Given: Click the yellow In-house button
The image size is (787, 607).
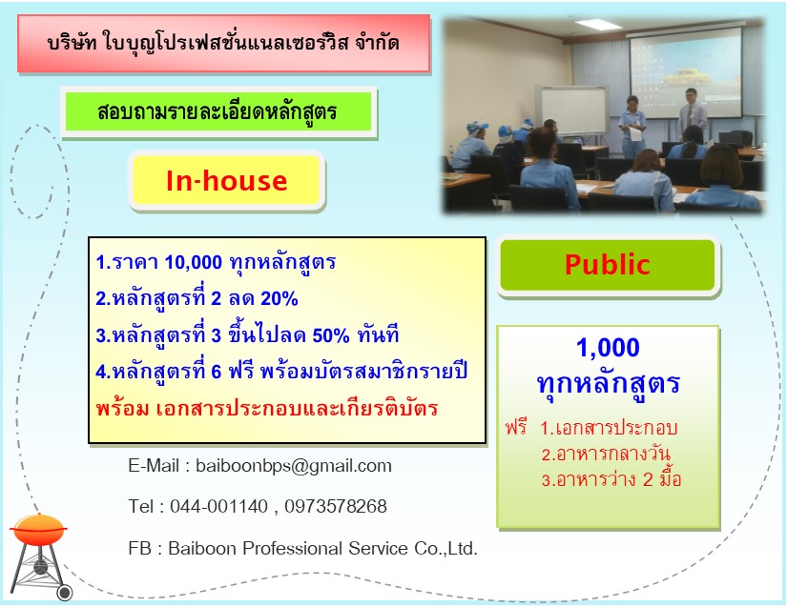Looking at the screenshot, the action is click(x=226, y=180).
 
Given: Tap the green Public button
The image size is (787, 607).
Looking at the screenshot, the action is click(x=608, y=265).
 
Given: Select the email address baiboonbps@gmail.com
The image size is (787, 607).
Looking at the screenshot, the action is click(x=294, y=466).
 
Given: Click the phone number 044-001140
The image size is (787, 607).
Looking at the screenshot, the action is click(x=218, y=506).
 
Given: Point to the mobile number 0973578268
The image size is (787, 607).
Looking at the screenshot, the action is click(x=336, y=506).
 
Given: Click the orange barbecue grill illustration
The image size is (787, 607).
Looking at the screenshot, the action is click(x=40, y=556).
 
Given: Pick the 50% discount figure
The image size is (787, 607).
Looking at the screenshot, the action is click(x=331, y=335).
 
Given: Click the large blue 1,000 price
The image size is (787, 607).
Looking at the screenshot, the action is click(x=608, y=348).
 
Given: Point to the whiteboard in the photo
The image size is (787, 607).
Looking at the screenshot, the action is click(x=572, y=111).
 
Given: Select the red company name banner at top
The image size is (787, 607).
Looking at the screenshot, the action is click(x=224, y=44).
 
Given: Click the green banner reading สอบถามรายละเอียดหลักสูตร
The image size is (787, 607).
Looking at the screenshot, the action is click(x=218, y=111).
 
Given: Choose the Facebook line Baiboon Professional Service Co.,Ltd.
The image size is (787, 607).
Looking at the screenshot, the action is click(x=303, y=548).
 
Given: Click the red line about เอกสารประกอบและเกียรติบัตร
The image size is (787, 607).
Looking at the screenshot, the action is click(x=267, y=409).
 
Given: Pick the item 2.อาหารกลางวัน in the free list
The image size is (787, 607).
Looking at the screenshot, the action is click(x=606, y=454).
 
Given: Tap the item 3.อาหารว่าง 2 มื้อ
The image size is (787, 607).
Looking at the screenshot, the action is click(x=611, y=479).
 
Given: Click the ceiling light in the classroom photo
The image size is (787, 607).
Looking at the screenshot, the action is click(x=598, y=25).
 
